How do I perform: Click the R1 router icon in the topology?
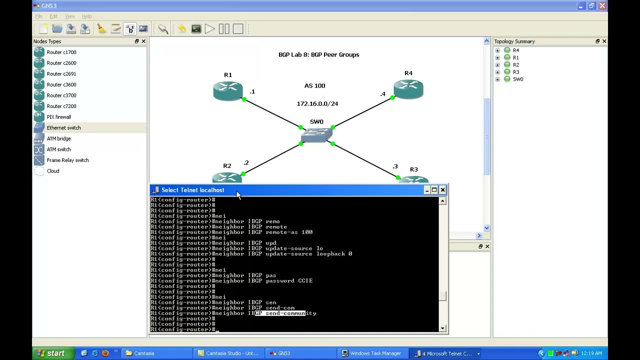pyautogui.click(x=228, y=90)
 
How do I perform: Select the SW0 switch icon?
pyautogui.click(x=316, y=134)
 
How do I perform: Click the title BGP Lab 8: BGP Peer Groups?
pyautogui.click(x=318, y=54)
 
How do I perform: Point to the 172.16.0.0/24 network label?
pyautogui.click(x=317, y=103)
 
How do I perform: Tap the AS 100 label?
pyautogui.click(x=314, y=85)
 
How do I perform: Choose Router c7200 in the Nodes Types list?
pyautogui.click(x=61, y=106)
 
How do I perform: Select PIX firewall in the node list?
pyautogui.click(x=58, y=117)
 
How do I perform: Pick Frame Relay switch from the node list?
pyautogui.click(x=67, y=160)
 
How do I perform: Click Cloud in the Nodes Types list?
pyautogui.click(x=52, y=171)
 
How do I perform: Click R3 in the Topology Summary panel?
pyautogui.click(x=515, y=72)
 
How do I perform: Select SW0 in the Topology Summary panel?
pyautogui.click(x=517, y=79)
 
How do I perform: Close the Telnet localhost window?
pyautogui.click(x=442, y=190)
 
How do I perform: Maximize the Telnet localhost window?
pyautogui.click(x=434, y=190)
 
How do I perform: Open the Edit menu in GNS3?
pyautogui.click(x=53, y=16)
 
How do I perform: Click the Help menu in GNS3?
pyautogui.click(x=86, y=16)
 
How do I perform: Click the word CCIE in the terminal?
pyautogui.click(x=305, y=281)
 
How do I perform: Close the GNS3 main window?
pyautogui.click(x=602, y=6)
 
